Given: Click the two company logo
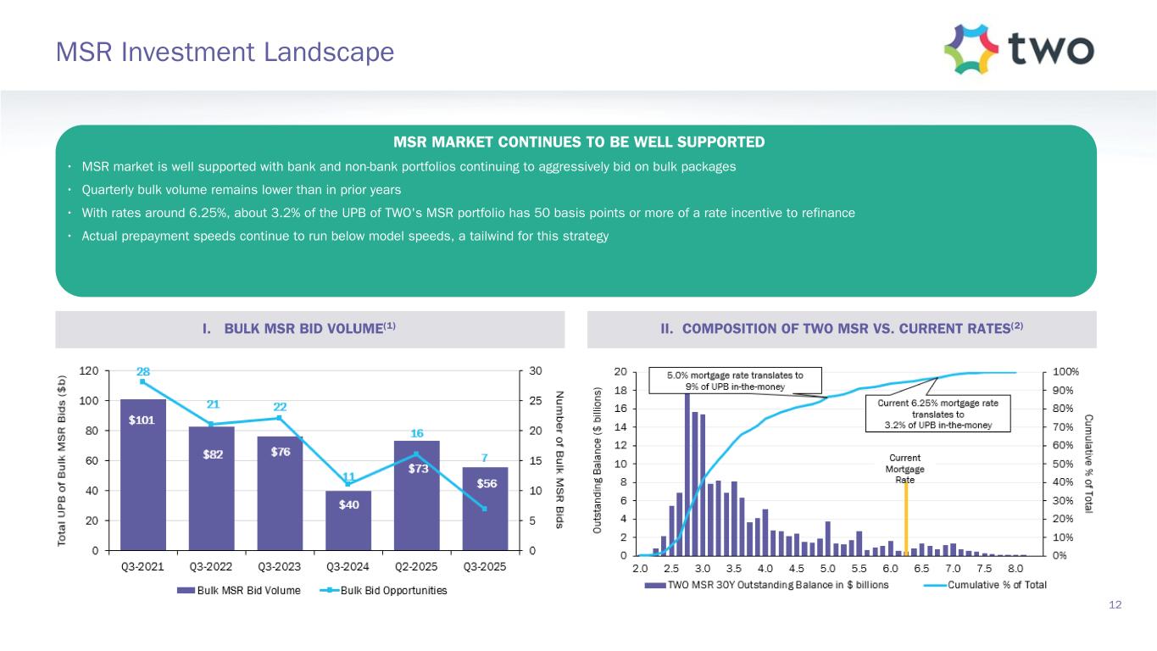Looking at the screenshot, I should click(x=1018, y=48).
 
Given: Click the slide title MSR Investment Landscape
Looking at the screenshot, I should click(x=225, y=53).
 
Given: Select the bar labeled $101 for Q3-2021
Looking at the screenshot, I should click(x=142, y=475).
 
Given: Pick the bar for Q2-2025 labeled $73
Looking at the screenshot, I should click(x=417, y=496).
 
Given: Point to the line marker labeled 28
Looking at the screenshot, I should click(x=142, y=381).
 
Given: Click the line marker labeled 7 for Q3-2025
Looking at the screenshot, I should click(x=485, y=508).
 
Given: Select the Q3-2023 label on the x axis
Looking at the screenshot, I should click(x=280, y=567).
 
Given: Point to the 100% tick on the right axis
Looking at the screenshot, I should click(x=1067, y=372).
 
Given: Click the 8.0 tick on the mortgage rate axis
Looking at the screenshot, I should click(x=1015, y=567).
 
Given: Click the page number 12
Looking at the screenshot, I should click(x=1115, y=604).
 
